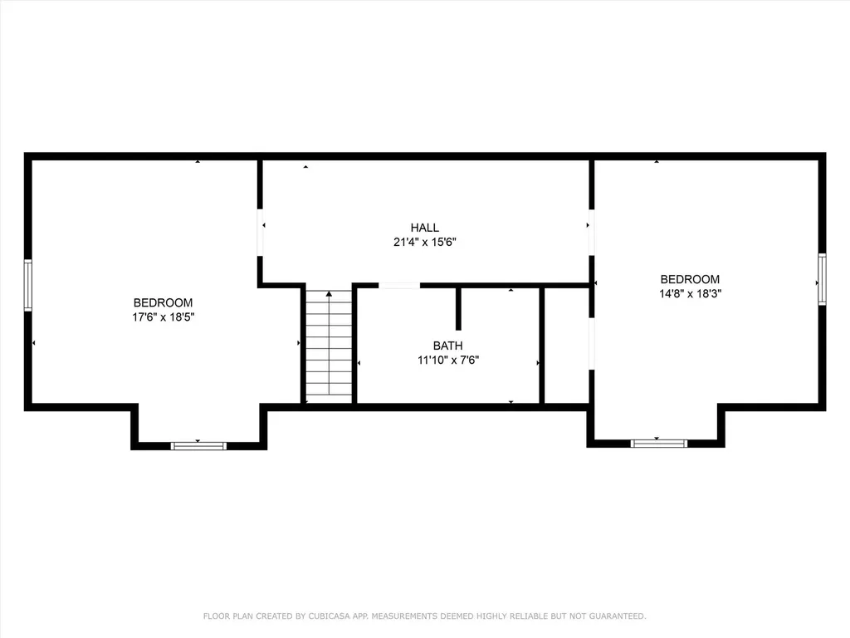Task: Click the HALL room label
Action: click(x=424, y=228)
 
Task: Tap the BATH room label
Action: click(x=447, y=346)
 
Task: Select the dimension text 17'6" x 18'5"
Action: click(x=164, y=317)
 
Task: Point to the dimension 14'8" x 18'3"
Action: click(x=690, y=293)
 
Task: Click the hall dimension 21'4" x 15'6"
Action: click(x=425, y=242)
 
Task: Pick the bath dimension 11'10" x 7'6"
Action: click(x=448, y=360)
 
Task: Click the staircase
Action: click(x=329, y=346)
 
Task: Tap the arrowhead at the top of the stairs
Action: click(x=329, y=293)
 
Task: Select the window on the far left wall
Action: click(x=27, y=286)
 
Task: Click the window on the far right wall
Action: click(x=822, y=279)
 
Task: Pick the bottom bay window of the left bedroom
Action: click(x=198, y=446)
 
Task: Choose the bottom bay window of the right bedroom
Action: click(x=658, y=444)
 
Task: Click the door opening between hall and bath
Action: click(x=399, y=286)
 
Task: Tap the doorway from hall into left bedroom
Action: click(x=260, y=233)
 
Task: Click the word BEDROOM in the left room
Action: click(x=164, y=302)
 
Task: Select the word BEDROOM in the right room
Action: click(x=690, y=279)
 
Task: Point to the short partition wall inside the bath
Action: click(x=458, y=308)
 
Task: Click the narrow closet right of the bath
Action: click(x=566, y=346)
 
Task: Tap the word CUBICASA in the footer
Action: click(x=329, y=616)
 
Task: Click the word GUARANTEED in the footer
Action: click(x=618, y=616)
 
